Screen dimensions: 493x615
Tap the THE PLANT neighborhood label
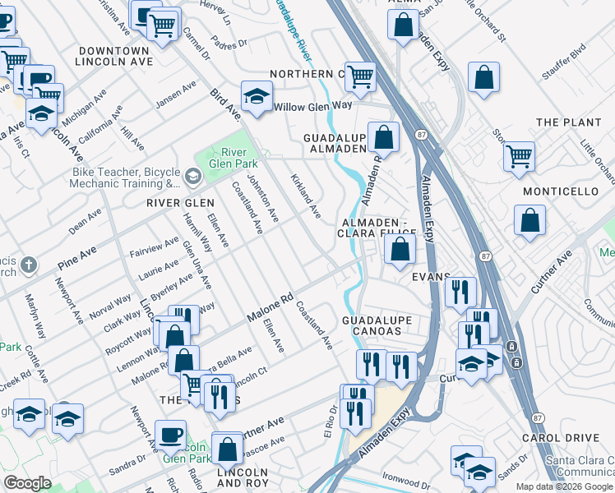point(569,122)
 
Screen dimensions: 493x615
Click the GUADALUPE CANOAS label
point(371,325)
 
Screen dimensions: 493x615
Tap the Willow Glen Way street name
point(312,107)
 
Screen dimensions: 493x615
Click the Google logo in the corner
point(27,483)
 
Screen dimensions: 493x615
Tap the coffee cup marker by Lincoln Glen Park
point(171,435)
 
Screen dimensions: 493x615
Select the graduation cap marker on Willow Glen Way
point(257,97)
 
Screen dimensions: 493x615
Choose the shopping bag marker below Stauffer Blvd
point(484,78)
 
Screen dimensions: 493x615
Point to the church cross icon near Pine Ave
point(28,265)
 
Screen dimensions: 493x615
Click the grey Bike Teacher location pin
point(192,176)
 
